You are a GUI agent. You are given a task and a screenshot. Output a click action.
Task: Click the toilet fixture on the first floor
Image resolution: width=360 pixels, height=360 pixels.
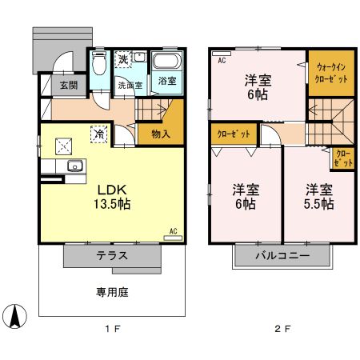(98, 64)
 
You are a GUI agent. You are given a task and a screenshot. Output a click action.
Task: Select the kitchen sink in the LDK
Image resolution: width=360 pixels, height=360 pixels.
(74, 166)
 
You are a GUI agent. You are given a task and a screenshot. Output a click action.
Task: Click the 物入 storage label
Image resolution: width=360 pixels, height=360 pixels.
(160, 134)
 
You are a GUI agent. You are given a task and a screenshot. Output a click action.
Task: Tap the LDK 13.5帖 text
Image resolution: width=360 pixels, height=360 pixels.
(114, 197)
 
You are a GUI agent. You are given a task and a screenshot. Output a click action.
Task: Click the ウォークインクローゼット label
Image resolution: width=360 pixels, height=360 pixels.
(331, 74)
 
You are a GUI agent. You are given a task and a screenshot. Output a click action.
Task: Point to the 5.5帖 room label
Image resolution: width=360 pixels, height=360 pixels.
(318, 196)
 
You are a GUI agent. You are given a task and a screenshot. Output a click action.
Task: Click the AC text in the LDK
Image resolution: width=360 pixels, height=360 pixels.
(172, 231)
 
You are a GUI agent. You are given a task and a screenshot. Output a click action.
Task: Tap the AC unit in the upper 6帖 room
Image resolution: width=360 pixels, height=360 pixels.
(221, 60)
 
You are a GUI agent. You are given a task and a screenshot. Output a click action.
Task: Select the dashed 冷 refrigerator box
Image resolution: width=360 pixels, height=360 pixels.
(98, 134)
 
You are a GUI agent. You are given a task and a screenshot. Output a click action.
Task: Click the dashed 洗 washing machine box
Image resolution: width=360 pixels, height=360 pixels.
(124, 59)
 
